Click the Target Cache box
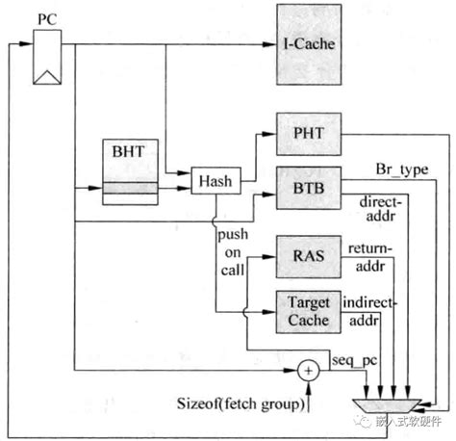pyautogui.click(x=309, y=310)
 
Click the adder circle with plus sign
pyautogui.click(x=308, y=368)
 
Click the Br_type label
pyautogui.click(x=401, y=170)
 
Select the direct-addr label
pyautogui.click(x=382, y=212)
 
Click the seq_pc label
pyautogui.click(x=348, y=357)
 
